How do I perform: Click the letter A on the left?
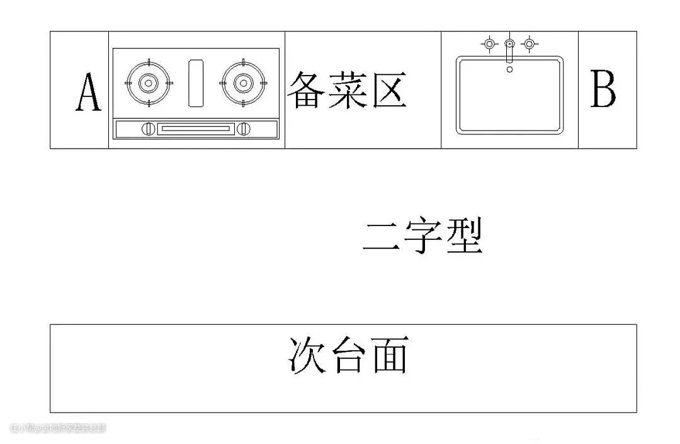click(x=88, y=93)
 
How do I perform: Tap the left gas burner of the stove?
click(x=148, y=83)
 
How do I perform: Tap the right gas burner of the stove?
click(x=243, y=83)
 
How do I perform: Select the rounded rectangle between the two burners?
click(x=196, y=83)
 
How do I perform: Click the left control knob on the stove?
click(x=148, y=128)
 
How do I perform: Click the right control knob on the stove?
click(x=244, y=128)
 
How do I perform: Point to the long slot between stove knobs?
click(x=195, y=128)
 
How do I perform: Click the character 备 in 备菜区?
click(x=307, y=91)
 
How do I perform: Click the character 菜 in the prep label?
click(x=347, y=91)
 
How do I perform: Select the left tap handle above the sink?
click(x=489, y=44)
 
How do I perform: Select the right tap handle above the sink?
click(x=529, y=44)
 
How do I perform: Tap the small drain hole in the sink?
click(x=509, y=69)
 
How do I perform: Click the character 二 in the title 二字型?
click(x=382, y=238)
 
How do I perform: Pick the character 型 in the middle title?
click(x=464, y=237)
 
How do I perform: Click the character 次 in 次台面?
click(x=307, y=356)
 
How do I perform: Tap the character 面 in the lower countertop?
click(x=389, y=356)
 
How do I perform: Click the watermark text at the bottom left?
click(x=58, y=428)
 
